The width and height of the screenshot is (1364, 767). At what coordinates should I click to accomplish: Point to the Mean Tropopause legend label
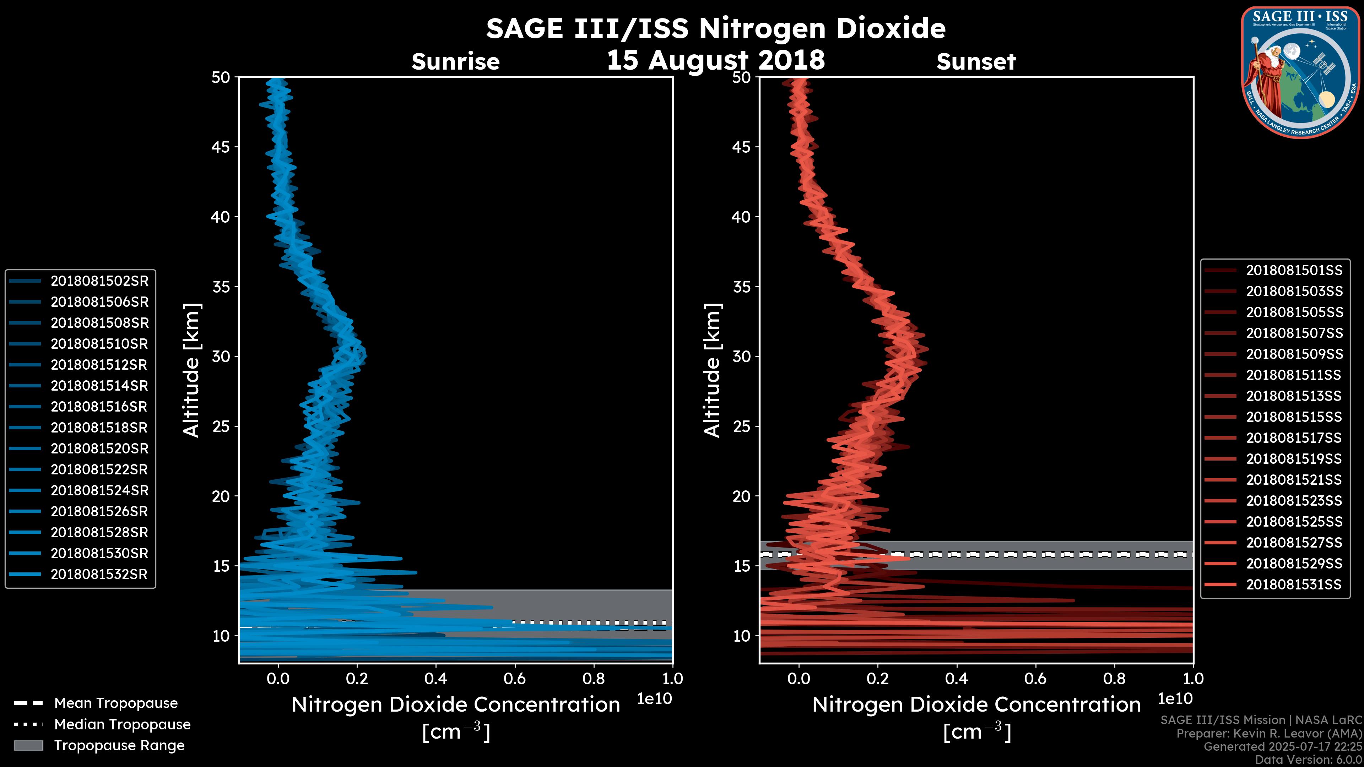click(115, 703)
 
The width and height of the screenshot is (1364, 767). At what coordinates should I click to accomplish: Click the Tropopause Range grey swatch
click(28, 745)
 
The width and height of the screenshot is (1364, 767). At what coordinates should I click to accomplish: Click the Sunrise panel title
click(455, 61)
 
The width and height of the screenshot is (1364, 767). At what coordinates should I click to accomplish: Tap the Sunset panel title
click(976, 61)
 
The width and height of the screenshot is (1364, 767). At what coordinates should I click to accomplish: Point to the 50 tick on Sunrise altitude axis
click(221, 77)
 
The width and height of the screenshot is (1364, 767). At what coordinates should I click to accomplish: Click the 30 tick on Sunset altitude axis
click(741, 356)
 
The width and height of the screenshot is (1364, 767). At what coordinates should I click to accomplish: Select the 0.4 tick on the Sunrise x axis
click(436, 679)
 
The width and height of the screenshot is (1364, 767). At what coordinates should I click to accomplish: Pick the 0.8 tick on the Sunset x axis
click(1115, 679)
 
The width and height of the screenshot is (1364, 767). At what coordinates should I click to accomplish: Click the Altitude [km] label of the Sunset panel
click(712, 370)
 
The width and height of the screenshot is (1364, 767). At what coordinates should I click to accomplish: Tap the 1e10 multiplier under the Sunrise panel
click(654, 699)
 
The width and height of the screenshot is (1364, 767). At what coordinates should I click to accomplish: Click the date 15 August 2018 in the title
click(715, 60)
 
